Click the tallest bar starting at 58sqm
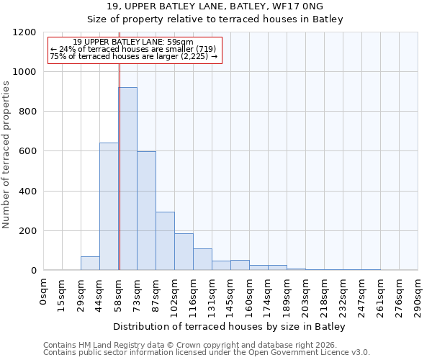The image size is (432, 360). click(x=127, y=179)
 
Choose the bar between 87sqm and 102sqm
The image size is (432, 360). click(x=165, y=241)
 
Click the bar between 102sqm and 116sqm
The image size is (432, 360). click(x=184, y=252)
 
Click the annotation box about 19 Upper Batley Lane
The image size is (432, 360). click(x=135, y=49)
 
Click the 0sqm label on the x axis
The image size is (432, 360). click(x=44, y=292)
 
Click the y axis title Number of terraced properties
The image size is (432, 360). click(x=7, y=155)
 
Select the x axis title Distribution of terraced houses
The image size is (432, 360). click(x=230, y=326)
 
